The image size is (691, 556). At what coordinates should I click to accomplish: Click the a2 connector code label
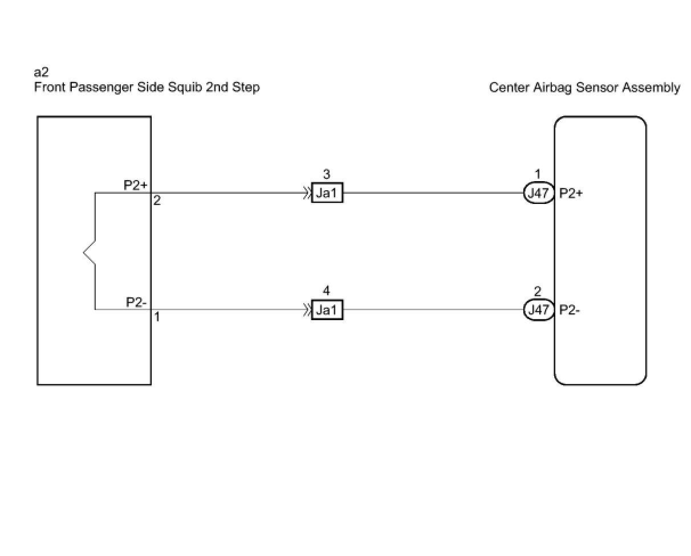pos(41,73)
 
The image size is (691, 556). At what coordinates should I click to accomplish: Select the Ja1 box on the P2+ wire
pos(327,194)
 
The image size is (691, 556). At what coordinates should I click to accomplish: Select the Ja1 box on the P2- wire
pos(327,310)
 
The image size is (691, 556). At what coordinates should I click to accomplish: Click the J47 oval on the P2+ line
pos(538,194)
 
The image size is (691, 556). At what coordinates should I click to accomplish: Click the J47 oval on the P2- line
pos(538,310)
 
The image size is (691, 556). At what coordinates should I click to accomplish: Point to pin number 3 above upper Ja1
pos(326,175)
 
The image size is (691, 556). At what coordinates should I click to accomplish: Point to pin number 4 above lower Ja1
pos(326,291)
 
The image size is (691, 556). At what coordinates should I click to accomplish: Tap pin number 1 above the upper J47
pos(538,174)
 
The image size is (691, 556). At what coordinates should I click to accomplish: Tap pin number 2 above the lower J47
pos(538,291)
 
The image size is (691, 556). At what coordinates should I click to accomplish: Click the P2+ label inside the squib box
pos(136,185)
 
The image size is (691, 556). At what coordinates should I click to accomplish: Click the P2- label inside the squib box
pos(137,302)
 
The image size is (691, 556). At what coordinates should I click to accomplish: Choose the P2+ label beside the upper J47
pos(571,194)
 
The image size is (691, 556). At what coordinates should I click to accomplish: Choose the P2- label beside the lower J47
pos(570,310)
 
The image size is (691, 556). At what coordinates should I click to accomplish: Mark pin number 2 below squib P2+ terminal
pos(157,201)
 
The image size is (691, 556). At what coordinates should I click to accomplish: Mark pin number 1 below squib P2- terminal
pos(157,317)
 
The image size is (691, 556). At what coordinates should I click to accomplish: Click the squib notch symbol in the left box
pos(89,251)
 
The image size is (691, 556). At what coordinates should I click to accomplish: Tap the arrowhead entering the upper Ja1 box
pos(307,193)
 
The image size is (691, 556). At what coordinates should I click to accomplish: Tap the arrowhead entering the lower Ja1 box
pos(307,310)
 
